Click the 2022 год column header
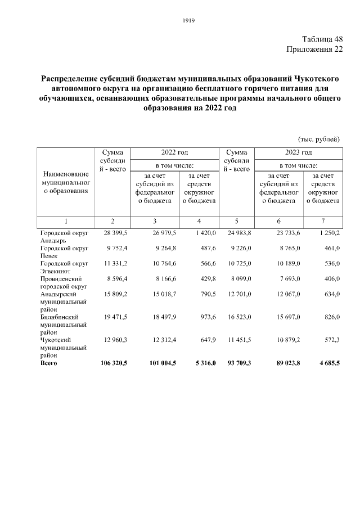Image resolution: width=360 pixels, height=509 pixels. click(174, 152)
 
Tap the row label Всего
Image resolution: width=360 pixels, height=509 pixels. click(49, 363)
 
